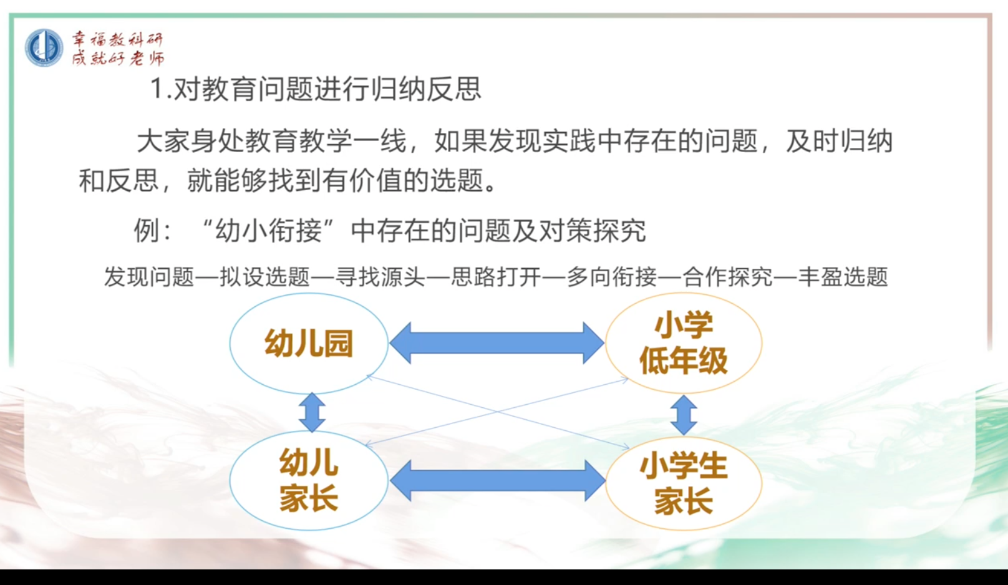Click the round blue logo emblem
coord(44,47)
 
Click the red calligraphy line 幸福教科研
coord(117,39)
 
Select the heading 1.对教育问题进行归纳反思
coord(316,88)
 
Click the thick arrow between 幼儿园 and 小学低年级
coord(497,343)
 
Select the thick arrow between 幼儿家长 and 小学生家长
coord(497,481)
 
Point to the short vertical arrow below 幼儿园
coord(312,412)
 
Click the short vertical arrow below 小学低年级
coord(684,415)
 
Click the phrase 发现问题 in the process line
coord(149,277)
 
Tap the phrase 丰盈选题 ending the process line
coord(843,277)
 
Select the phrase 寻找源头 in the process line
coord(380,277)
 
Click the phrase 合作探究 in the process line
coord(727,277)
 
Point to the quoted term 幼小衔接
coord(269,230)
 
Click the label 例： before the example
coord(153,230)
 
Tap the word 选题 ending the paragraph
coord(457,180)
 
